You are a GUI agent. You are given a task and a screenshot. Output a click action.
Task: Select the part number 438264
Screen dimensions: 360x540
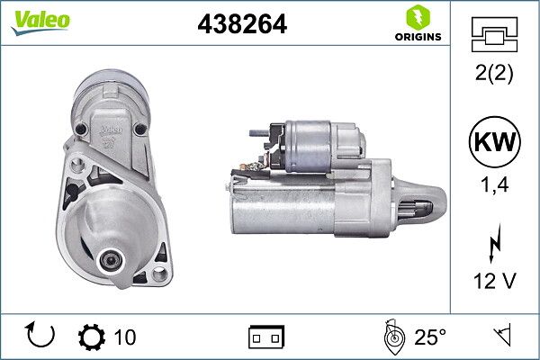tap(241, 26)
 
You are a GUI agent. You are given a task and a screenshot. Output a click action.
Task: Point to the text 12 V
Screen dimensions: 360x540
tap(494, 281)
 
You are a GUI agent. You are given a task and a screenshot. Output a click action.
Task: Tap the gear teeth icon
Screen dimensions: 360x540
tap(92, 337)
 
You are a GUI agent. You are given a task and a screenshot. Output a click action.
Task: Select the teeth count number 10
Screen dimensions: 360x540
tap(125, 337)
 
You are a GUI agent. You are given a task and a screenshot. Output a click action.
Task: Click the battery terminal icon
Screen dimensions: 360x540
tap(265, 337)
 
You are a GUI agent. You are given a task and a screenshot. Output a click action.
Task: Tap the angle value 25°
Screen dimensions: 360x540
tap(430, 337)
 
